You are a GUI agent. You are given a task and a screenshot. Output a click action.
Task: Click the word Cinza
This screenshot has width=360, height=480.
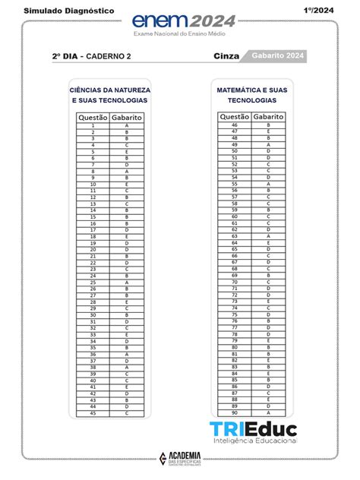[x=226, y=56]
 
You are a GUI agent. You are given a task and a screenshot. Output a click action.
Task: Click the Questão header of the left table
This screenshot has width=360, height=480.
[x=92, y=118]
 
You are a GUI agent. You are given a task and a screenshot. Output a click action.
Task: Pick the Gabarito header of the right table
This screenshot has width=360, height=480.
[x=269, y=117]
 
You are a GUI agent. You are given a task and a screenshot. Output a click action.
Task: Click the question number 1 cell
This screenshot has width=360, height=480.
[x=93, y=125]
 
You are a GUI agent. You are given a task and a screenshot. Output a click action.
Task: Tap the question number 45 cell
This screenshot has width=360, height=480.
[x=93, y=413]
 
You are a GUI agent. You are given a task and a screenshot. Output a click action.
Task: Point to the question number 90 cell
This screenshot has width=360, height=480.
[x=235, y=412]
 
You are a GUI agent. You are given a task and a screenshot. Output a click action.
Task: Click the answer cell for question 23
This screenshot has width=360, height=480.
[x=126, y=269]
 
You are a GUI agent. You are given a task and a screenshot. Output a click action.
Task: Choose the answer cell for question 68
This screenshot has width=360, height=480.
[x=268, y=269]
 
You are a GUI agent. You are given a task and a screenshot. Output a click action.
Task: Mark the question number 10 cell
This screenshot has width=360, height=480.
[x=93, y=185]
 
